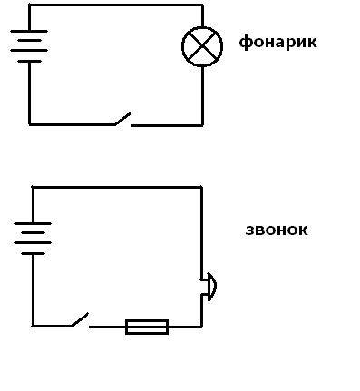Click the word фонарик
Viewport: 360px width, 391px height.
pos(278,43)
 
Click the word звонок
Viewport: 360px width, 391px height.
pos(277,230)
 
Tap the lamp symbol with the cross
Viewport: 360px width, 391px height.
pos(202,46)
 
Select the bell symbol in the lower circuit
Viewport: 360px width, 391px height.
pos(209,287)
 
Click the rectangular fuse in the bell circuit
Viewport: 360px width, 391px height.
pos(147,327)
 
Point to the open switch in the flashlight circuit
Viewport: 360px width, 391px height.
pos(123,119)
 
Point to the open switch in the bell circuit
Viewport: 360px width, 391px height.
pos(80,320)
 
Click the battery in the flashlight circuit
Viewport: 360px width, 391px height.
pos(29,46)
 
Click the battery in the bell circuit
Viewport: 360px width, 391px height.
pos(33,239)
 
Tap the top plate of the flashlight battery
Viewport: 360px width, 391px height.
pos(29,31)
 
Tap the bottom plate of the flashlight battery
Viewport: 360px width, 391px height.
pos(29,62)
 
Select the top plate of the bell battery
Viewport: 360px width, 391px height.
pos(33,223)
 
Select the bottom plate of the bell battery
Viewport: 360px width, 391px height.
pos(33,253)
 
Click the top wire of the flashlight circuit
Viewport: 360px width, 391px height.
pos(116,5)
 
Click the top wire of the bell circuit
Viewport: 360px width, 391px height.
pos(117,188)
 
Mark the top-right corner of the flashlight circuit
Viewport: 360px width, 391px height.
pos(202,5)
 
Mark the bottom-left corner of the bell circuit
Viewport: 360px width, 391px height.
pos(33,326)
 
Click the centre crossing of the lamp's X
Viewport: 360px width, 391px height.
pos(202,46)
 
